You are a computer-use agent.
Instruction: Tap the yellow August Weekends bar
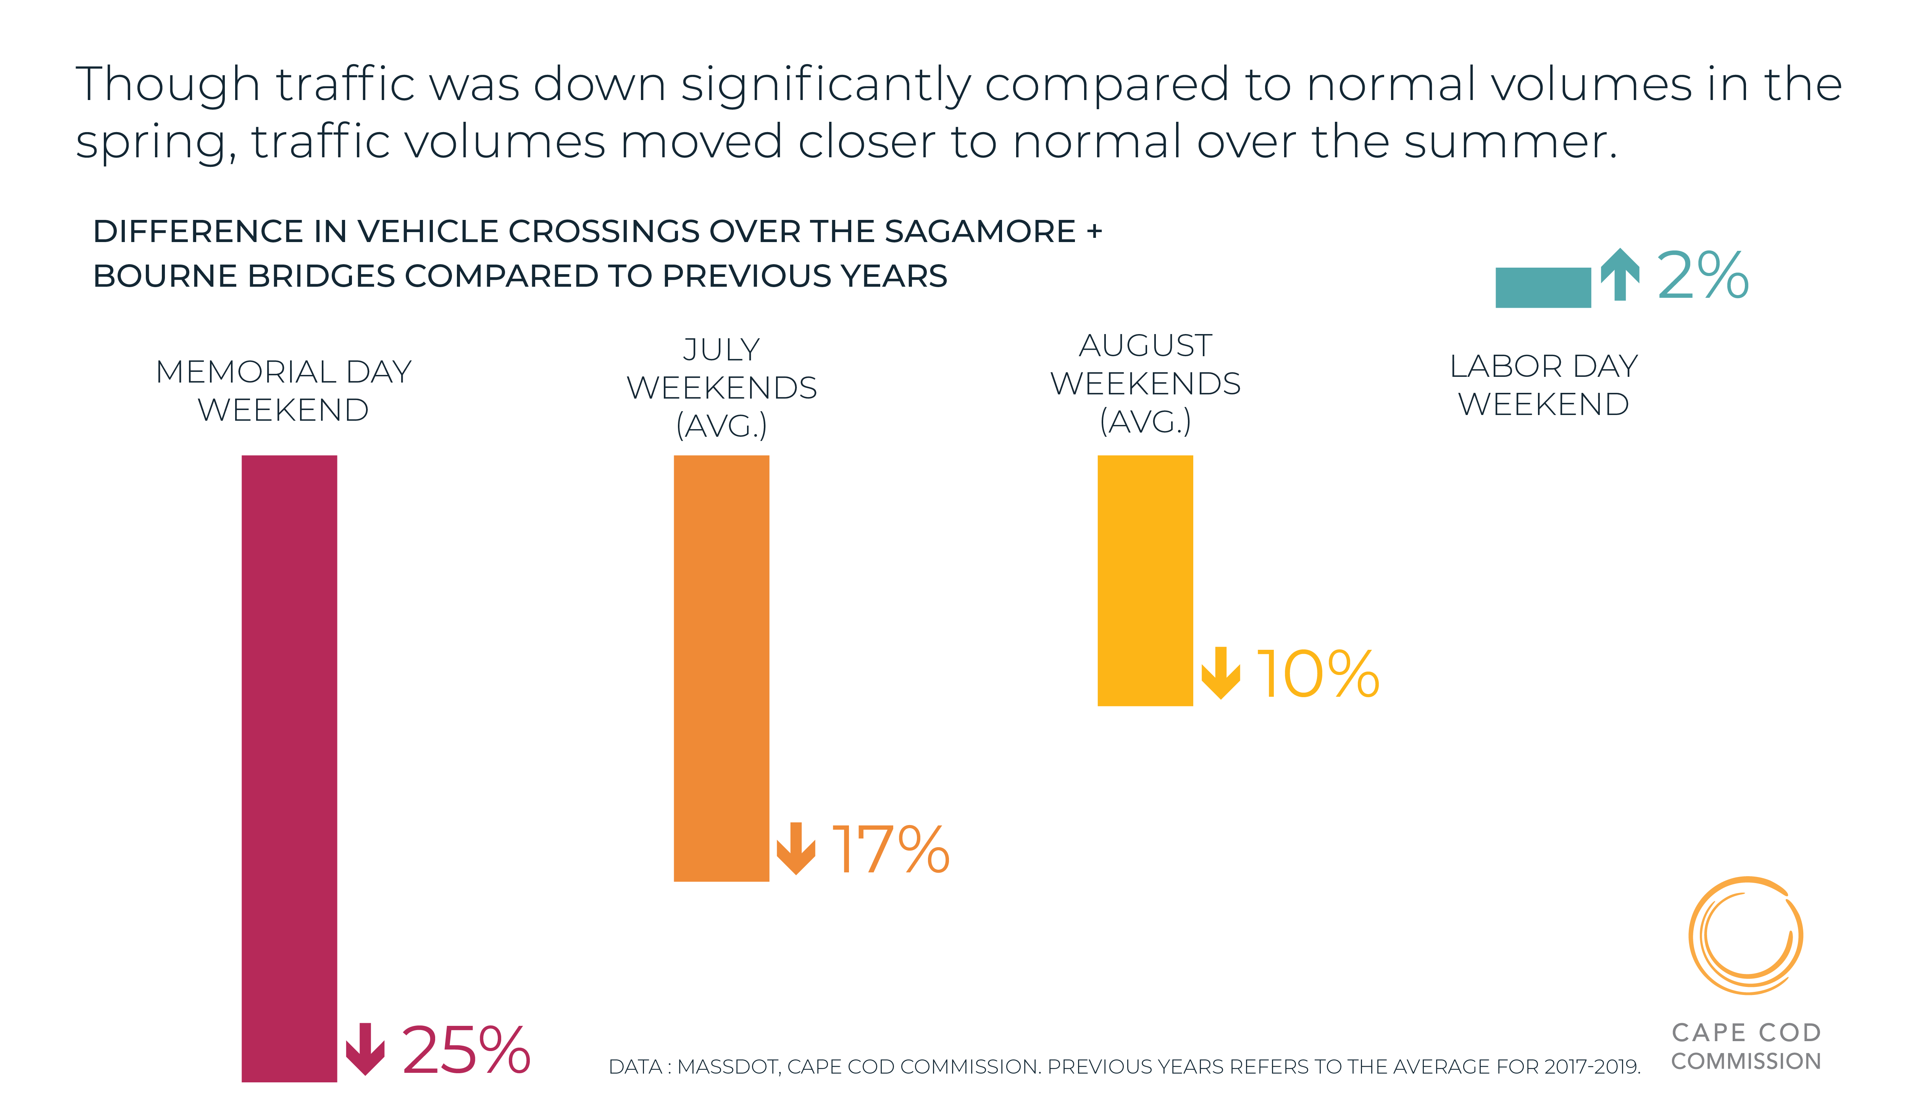point(1145,581)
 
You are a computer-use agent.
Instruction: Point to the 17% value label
point(890,849)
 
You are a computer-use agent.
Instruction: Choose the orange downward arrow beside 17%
point(796,848)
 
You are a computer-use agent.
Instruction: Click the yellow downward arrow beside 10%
point(1220,672)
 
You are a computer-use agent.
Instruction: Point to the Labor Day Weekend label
point(1543,385)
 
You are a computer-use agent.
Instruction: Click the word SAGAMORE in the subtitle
point(980,231)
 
